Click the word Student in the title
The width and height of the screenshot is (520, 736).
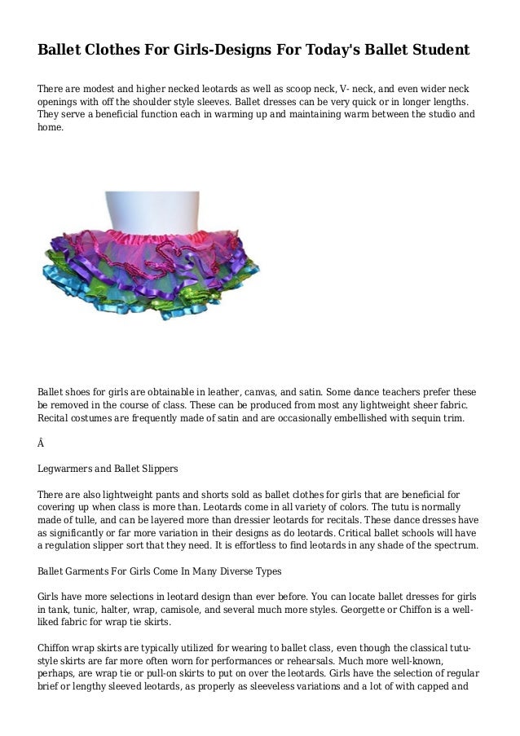[438, 50]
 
